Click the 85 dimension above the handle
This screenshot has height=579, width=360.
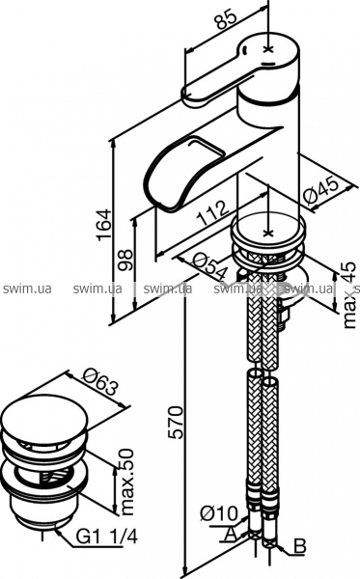click(226, 15)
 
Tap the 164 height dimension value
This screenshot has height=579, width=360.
click(104, 225)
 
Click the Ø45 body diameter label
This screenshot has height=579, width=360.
click(319, 189)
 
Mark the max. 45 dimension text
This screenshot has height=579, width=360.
click(349, 294)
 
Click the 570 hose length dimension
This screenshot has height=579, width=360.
click(176, 422)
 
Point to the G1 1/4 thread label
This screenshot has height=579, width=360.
click(107, 537)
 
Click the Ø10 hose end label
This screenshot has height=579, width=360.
click(219, 513)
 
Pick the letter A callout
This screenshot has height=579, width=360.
click(231, 534)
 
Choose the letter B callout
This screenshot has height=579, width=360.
click(300, 546)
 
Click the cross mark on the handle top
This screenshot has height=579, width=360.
click(269, 49)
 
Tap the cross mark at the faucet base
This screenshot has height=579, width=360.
click(268, 233)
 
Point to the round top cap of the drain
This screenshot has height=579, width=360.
click(44, 418)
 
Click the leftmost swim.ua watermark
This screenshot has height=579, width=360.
click(27, 289)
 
